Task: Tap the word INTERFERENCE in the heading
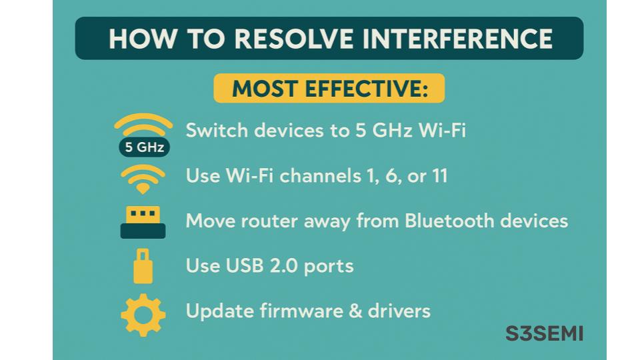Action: (457, 39)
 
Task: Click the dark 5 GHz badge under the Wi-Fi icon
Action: (145, 147)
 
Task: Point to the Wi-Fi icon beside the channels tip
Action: (143, 179)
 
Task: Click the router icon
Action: (143, 222)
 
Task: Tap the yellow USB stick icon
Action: (143, 266)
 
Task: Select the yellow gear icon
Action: (143, 315)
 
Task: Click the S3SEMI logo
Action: (544, 333)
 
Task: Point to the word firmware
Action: (301, 311)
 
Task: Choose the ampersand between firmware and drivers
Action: (355, 311)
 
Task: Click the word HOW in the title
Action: (143, 39)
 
